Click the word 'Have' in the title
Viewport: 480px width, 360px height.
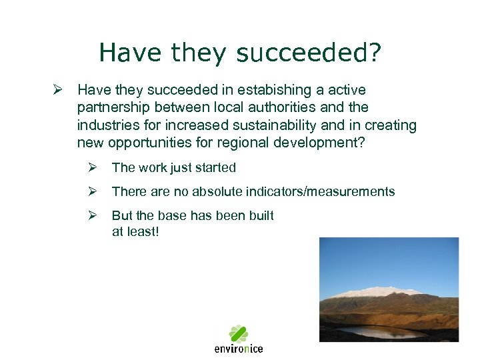pos(131,53)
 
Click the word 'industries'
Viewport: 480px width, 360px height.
pos(107,125)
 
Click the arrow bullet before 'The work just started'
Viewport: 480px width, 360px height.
pos(94,168)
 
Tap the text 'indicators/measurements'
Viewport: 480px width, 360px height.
pos(330,192)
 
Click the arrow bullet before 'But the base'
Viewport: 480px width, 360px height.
pos(94,216)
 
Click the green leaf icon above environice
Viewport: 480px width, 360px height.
pos(239,333)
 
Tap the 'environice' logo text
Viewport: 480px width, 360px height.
pos(239,349)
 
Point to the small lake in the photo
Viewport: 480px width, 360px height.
pos(380,331)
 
